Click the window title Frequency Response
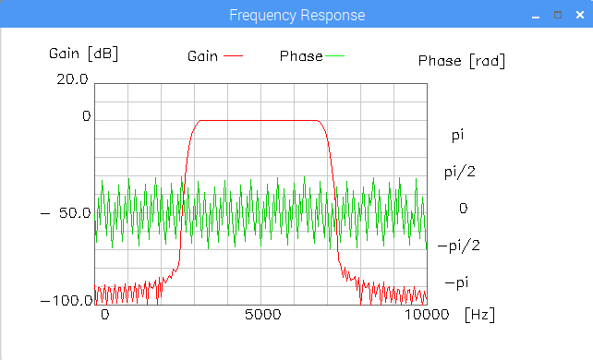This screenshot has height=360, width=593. [x=296, y=15]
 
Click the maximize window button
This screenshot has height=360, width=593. [x=558, y=15]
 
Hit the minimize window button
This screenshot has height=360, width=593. [x=536, y=17]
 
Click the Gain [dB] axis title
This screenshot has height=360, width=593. [x=83, y=54]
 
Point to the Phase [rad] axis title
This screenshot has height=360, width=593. [x=462, y=61]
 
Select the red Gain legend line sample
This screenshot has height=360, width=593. [x=233, y=56]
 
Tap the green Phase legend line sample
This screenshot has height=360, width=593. [x=334, y=56]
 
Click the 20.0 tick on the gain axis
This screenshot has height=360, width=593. [x=72, y=79]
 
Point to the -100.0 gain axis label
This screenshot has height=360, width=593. [x=67, y=301]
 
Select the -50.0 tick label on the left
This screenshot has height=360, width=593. [x=66, y=213]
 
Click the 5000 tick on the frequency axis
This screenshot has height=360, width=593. [x=263, y=314]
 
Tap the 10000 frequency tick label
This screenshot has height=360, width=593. [x=427, y=314]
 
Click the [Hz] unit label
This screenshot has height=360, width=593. [x=479, y=315]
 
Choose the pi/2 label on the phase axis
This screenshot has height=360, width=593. [x=460, y=173]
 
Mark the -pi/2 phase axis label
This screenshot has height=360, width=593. [x=459, y=246]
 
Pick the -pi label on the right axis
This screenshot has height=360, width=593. [x=457, y=282]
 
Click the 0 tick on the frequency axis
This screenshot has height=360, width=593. [x=105, y=314]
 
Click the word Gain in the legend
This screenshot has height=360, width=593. [x=202, y=56]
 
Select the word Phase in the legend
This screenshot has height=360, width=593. [x=301, y=56]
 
